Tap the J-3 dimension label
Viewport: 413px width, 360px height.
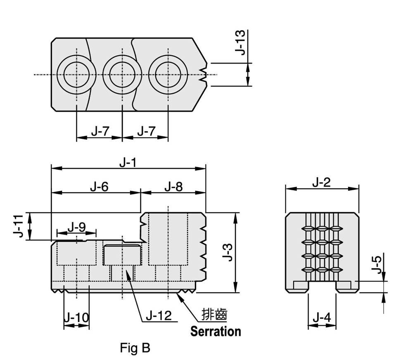tap(228, 252)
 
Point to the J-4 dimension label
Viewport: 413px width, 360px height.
tap(321, 318)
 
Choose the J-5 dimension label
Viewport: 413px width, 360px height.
tap(377, 265)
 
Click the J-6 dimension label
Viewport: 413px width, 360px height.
tap(99, 187)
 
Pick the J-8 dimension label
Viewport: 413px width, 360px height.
tap(173, 187)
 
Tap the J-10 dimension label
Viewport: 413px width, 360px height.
tap(76, 317)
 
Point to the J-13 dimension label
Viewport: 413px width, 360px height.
tap(240, 42)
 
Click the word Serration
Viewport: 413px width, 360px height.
tap(215, 331)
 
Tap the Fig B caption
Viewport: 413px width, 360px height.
tap(135, 348)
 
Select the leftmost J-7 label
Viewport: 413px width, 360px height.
tap(100, 132)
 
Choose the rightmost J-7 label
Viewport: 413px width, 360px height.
tap(145, 132)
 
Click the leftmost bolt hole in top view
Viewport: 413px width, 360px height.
tap(76, 75)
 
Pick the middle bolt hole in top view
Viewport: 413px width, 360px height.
tap(122, 75)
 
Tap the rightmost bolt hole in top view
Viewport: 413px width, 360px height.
tap(168, 75)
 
